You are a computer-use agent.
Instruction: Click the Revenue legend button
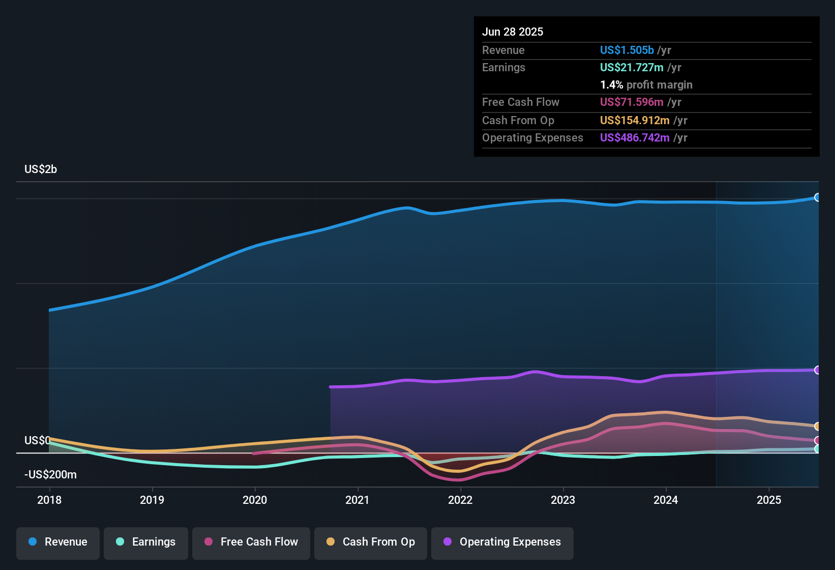(x=58, y=542)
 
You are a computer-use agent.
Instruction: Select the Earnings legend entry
(x=146, y=542)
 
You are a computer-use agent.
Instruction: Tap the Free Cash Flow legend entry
(x=251, y=542)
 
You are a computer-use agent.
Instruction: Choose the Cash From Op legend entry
(x=371, y=542)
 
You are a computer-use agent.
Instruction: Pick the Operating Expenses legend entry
(x=502, y=542)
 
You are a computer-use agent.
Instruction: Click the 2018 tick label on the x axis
(x=49, y=500)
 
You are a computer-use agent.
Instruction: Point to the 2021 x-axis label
(x=357, y=500)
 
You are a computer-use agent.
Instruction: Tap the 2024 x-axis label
(x=666, y=500)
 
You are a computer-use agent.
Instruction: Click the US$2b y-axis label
(x=41, y=169)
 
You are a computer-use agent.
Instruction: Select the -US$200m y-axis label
(x=51, y=475)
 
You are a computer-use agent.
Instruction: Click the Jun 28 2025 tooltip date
(x=513, y=32)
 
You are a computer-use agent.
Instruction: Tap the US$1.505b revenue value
(x=627, y=50)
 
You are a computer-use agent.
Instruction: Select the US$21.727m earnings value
(x=632, y=68)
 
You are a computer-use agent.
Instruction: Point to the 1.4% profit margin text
(x=646, y=85)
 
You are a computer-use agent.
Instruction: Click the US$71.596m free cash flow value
(x=632, y=102)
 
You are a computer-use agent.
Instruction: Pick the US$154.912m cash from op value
(x=635, y=121)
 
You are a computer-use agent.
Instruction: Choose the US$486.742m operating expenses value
(x=635, y=138)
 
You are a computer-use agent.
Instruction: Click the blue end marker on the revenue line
(x=817, y=197)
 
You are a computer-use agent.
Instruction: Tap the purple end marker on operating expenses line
(x=817, y=370)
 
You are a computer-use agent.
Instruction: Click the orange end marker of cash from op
(x=817, y=426)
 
